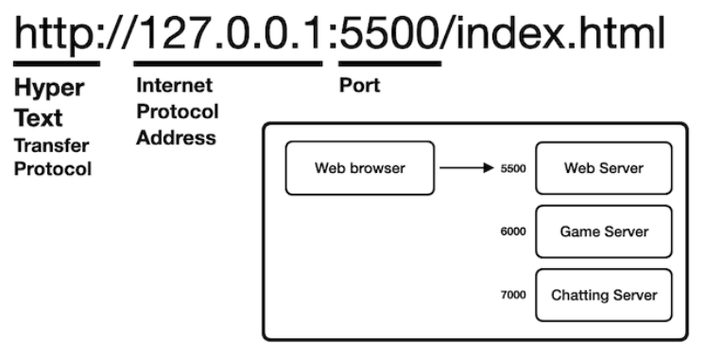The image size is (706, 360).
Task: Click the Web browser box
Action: coord(360,168)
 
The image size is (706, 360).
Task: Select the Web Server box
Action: coord(603,168)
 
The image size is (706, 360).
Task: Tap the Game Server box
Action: coord(603,231)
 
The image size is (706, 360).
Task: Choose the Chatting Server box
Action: coord(603,295)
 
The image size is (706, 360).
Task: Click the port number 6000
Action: coord(513,231)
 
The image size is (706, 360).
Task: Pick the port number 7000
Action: coord(513,295)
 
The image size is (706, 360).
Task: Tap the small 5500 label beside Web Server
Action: coord(513,169)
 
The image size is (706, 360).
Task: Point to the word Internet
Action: coord(174,85)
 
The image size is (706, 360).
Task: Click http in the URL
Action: coord(57,34)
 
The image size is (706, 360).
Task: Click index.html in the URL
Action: coord(557,34)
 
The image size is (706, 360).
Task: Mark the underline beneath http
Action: coord(57,64)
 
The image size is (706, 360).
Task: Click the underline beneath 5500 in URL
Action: coord(389,64)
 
